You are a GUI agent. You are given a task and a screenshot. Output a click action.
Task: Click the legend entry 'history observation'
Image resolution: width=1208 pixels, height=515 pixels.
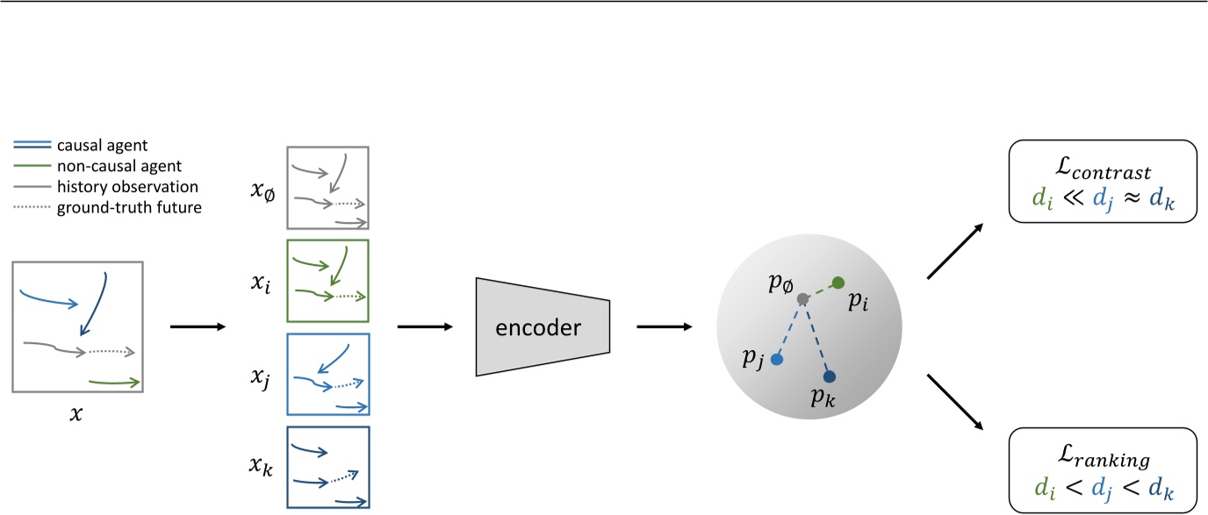[x=127, y=186]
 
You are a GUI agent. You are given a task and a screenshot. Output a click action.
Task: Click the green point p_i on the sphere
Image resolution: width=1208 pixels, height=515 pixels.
[x=838, y=283]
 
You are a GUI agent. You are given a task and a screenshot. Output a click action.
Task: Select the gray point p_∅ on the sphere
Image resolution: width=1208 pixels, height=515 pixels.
[x=802, y=299]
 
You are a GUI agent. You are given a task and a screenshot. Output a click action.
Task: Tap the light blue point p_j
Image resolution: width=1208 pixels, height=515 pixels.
[x=776, y=359]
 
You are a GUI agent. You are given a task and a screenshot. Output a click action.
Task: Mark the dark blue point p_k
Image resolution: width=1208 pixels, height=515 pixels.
[x=830, y=376]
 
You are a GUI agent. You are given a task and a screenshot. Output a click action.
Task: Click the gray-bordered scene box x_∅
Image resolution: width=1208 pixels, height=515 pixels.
[x=327, y=188]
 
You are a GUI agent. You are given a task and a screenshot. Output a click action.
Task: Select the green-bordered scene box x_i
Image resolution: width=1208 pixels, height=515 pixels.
[x=327, y=281]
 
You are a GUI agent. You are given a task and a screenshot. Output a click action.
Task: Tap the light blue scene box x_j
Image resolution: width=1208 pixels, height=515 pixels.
[x=327, y=374]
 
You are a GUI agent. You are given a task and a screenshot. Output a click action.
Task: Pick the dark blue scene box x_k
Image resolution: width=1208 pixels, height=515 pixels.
[x=327, y=467]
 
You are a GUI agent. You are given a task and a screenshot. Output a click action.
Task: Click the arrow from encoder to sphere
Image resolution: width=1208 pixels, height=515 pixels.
[x=665, y=327]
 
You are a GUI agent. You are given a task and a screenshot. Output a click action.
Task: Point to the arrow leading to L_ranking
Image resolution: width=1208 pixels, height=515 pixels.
[x=954, y=402]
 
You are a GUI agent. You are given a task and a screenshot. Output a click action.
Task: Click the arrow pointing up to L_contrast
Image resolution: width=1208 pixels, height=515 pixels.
[x=954, y=253]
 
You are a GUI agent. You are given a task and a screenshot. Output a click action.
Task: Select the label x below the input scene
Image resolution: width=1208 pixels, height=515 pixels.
[x=76, y=411]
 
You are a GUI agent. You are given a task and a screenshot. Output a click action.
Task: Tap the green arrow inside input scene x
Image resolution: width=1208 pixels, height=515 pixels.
[x=115, y=382]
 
